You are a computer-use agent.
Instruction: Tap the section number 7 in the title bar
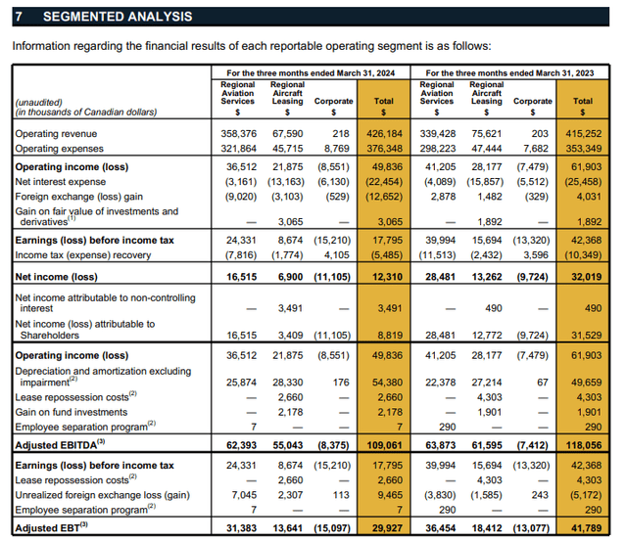pos(19,17)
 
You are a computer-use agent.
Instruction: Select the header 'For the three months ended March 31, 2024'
pos(310,73)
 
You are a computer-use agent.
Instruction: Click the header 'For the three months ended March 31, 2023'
pos(509,73)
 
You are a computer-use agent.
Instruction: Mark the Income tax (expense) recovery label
pos(82,255)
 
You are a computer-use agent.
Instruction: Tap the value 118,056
pos(584,445)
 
